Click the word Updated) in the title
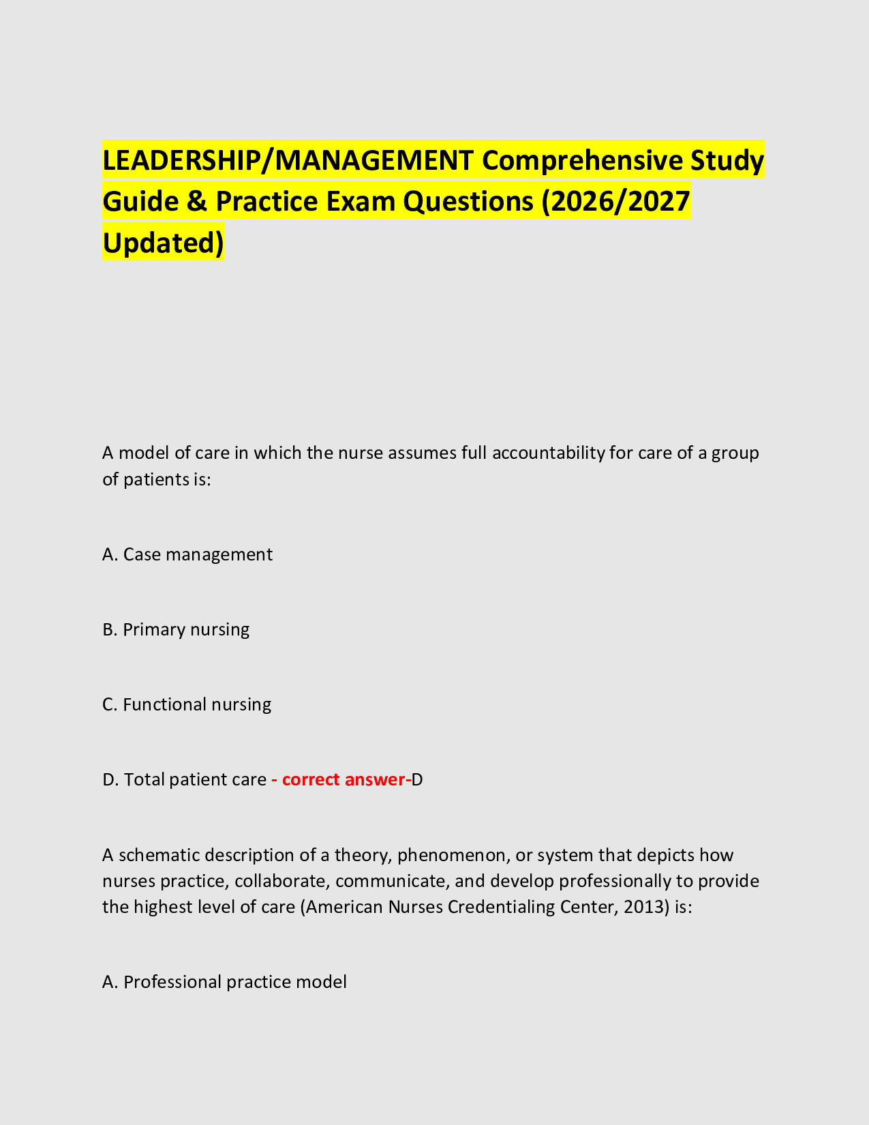coord(163,243)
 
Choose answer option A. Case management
coord(187,554)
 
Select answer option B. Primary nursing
coord(176,629)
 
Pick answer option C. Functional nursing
coord(187,704)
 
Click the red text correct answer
coord(343,779)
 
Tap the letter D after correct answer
coord(417,779)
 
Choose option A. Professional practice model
coord(224,982)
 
